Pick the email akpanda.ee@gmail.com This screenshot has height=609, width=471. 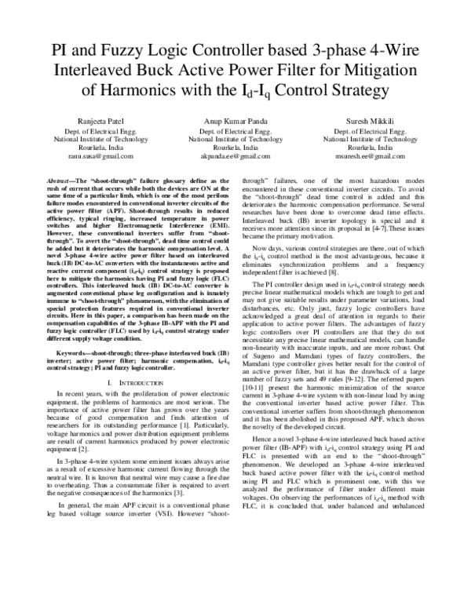coord(235,156)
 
